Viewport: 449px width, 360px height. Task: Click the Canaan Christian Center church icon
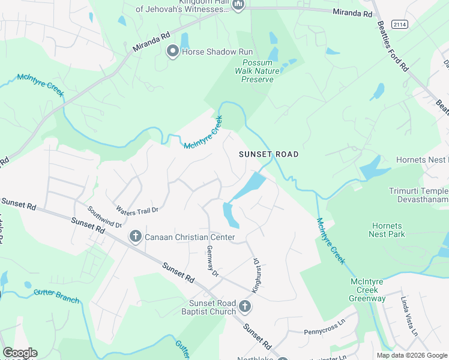[136, 237]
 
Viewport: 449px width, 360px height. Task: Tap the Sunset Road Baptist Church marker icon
[244, 307]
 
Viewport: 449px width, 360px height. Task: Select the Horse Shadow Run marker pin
[173, 52]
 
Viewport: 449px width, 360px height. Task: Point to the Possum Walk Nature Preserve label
[261, 71]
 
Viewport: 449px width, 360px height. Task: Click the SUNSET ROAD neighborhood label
[268, 154]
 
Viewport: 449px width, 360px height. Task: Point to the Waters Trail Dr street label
[137, 210]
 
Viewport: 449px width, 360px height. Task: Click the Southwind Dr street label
[104, 217]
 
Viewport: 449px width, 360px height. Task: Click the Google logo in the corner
[19, 353]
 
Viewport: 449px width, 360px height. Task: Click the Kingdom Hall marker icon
[238, 5]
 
